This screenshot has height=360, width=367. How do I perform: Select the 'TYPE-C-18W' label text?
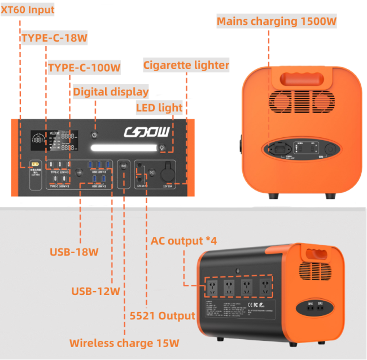[x=54, y=38]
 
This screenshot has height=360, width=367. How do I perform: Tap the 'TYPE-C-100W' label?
[x=84, y=68]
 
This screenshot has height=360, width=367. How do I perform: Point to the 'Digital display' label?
[x=111, y=92]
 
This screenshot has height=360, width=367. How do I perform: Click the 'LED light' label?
[x=159, y=107]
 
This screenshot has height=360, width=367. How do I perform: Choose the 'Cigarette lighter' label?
[x=186, y=65]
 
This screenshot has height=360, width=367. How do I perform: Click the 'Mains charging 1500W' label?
[x=277, y=21]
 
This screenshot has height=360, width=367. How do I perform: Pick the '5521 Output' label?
[x=162, y=315]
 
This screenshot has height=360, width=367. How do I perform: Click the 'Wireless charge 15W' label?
[x=125, y=343]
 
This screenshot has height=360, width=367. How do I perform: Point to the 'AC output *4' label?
[x=183, y=241]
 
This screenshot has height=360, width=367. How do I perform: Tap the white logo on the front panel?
[x=146, y=133]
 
